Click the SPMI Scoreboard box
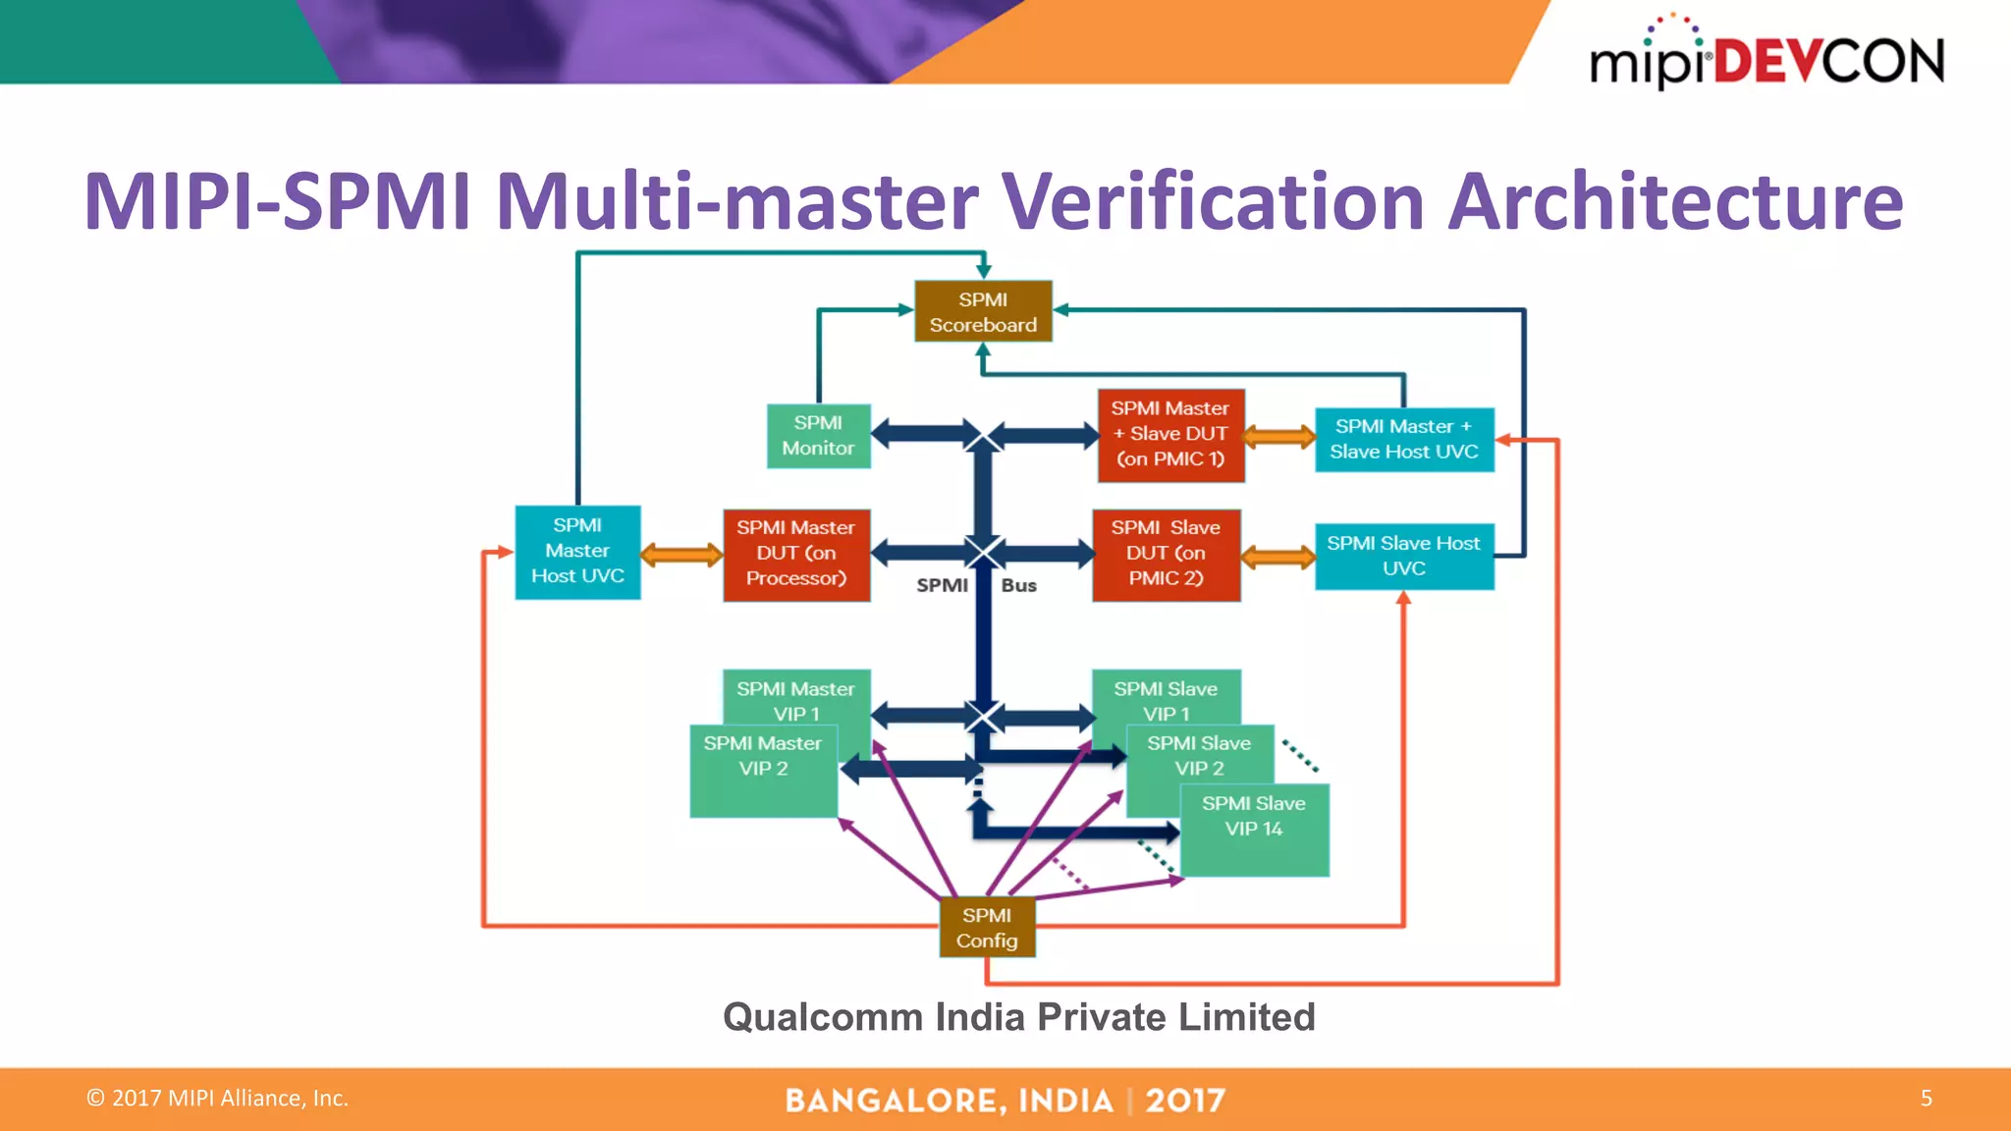click(x=983, y=311)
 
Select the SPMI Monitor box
click(x=818, y=436)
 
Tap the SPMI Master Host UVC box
click(x=577, y=552)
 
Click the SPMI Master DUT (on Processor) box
click(x=796, y=554)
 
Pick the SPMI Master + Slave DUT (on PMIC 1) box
click(x=1170, y=435)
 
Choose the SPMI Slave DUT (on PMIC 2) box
click(x=1166, y=554)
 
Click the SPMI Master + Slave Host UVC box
click(x=1404, y=439)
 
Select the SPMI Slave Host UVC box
click(x=1404, y=556)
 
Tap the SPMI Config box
click(x=987, y=928)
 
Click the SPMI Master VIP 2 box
click(x=763, y=771)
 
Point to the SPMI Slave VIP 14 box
click(x=1254, y=829)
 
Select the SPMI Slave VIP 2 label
click(x=1199, y=756)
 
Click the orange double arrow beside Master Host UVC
click(x=681, y=555)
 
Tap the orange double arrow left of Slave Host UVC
click(x=1277, y=558)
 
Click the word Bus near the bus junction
click(x=1018, y=585)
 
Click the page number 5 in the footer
click(x=1926, y=1098)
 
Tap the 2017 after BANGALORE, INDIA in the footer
click(x=1184, y=1101)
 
